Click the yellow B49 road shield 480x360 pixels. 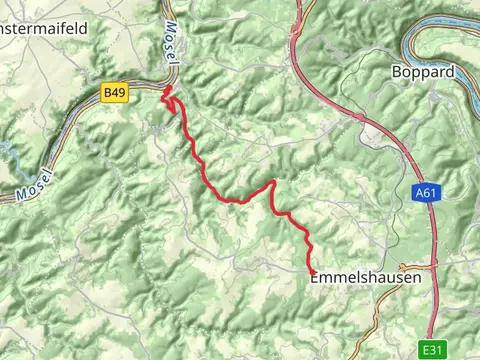coord(114,92)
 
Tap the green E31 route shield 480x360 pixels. coord(431,350)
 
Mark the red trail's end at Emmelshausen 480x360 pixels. coord(312,273)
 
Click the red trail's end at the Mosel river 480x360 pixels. coord(166,89)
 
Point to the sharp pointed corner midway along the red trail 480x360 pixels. coord(273,182)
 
